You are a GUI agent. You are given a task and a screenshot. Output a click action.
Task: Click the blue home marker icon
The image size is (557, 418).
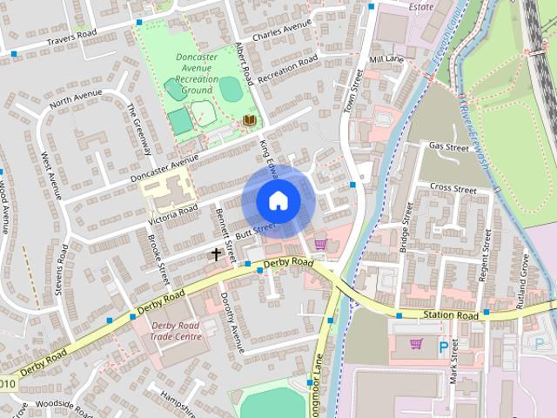(278, 200)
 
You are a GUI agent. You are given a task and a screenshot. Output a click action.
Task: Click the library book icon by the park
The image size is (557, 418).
(250, 120)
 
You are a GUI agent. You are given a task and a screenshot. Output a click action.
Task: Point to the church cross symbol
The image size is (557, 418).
(216, 254)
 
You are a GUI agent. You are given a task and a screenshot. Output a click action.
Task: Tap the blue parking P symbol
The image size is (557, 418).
(444, 347)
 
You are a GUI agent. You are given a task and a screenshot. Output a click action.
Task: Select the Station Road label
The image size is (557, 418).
(451, 314)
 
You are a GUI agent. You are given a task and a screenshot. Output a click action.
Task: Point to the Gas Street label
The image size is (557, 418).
(449, 146)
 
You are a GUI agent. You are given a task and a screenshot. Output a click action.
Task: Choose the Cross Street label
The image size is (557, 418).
(453, 188)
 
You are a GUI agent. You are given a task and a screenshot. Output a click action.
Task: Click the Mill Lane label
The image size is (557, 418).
(387, 59)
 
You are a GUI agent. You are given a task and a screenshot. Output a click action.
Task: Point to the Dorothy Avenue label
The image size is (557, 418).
(232, 319)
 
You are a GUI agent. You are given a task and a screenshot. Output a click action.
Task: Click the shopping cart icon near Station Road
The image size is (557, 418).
(416, 343)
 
